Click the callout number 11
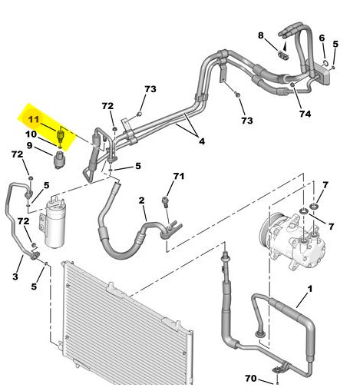tap(34, 119)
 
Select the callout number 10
tap(31, 134)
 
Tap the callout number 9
tap(30, 145)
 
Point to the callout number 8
tap(260, 35)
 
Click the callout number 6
tap(322, 38)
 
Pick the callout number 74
tap(306, 114)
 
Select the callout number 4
tap(202, 141)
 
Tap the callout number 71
tap(179, 176)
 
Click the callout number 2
tap(141, 200)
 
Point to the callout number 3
tap(15, 277)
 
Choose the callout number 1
tap(310, 289)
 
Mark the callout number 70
tap(251, 378)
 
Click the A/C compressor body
tap(292, 242)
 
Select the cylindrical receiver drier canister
tap(54, 224)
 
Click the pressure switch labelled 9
tap(59, 161)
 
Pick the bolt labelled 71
tap(166, 201)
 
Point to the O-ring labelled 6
tap(325, 63)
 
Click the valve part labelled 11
tap(61, 135)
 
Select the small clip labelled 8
tap(283, 55)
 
